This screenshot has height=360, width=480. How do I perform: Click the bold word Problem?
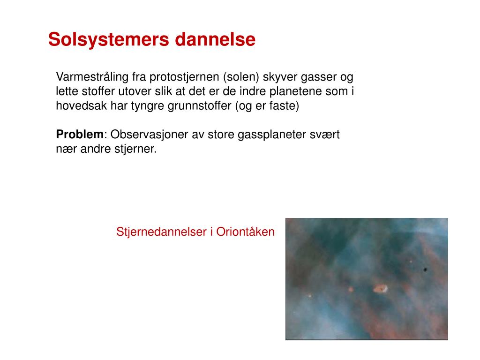click(80, 135)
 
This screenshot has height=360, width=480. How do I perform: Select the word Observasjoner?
click(149, 135)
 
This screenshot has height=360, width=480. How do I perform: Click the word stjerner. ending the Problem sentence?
click(138, 149)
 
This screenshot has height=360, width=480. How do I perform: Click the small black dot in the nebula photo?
click(425, 270)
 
